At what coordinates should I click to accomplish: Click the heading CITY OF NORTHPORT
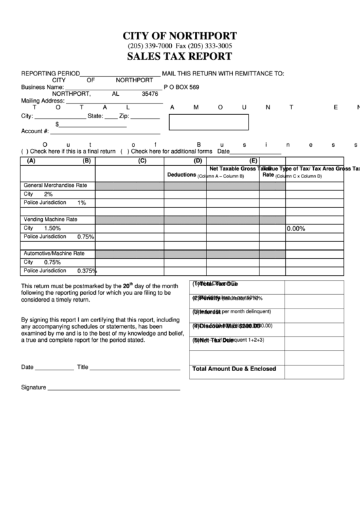(x=179, y=35)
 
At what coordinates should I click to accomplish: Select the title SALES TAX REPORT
(x=179, y=57)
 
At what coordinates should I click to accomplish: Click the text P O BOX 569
(x=181, y=87)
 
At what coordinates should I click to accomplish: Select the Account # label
(x=35, y=131)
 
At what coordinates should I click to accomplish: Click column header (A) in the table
(x=31, y=161)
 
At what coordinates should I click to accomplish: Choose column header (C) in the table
(x=142, y=161)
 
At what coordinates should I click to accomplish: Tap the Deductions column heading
(x=181, y=175)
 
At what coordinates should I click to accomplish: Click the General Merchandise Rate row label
(x=56, y=185)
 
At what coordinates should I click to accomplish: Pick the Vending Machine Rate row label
(x=51, y=220)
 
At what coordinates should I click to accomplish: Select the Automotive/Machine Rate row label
(x=54, y=253)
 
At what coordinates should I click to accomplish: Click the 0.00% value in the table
(x=295, y=229)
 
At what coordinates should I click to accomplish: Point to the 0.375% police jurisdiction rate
(x=87, y=270)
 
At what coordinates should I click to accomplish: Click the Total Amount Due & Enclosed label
(x=234, y=369)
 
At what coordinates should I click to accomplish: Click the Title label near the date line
(x=83, y=367)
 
